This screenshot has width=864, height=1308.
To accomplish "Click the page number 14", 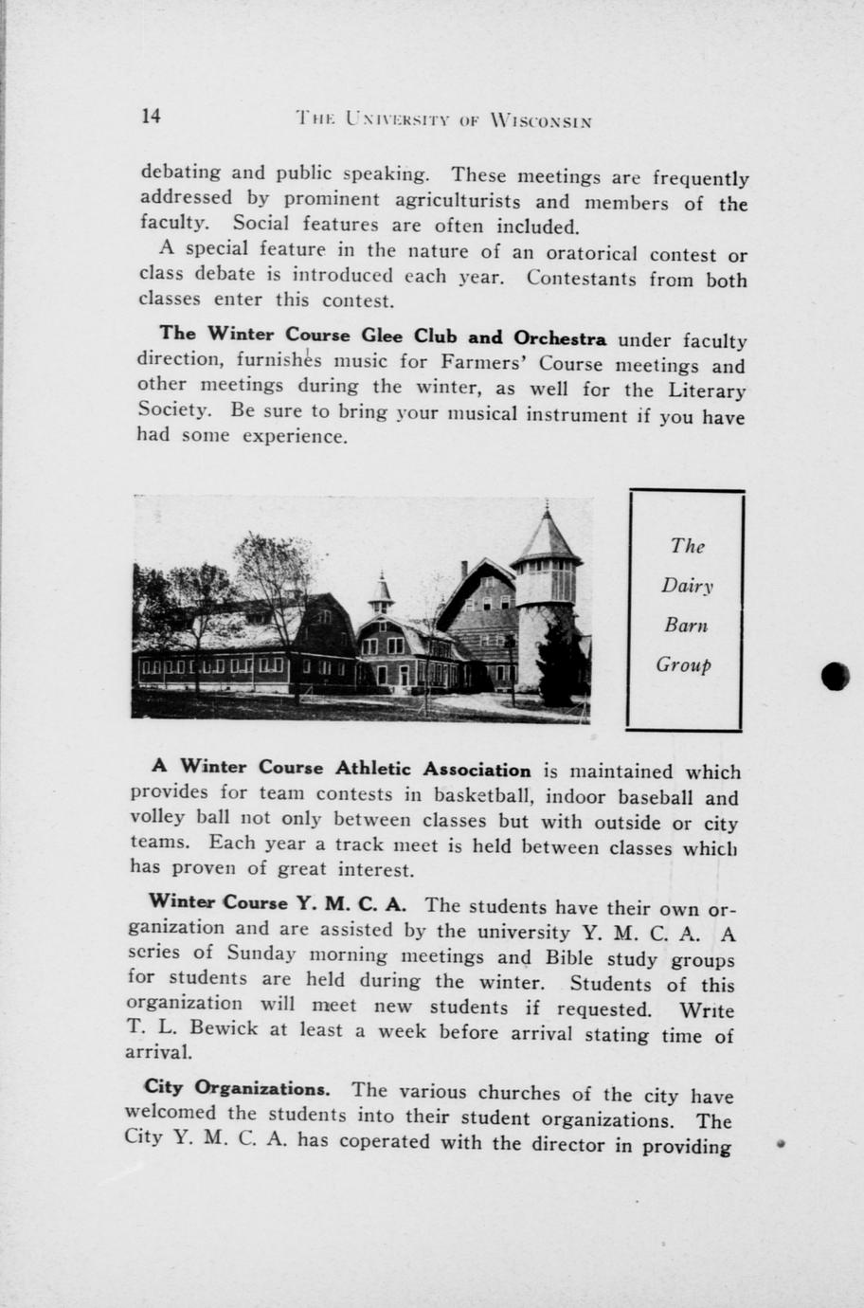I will click(x=151, y=116).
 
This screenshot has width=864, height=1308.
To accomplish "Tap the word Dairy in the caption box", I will click(x=687, y=586).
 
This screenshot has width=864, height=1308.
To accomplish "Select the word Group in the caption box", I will click(x=684, y=664).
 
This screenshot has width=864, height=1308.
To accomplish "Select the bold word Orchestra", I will click(x=560, y=338).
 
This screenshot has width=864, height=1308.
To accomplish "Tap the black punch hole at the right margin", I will click(x=836, y=675).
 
